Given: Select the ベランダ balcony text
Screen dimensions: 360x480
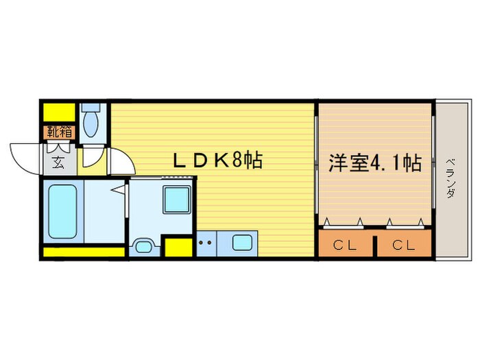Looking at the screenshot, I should [451, 177].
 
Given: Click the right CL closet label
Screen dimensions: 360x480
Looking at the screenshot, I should [403, 245].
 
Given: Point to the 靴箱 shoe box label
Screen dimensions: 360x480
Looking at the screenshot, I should [58, 131].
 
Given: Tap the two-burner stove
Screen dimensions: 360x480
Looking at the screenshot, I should [204, 243].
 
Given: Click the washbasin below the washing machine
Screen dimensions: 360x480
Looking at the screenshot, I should [143, 245].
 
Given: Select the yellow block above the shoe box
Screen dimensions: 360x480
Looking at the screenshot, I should [60, 111].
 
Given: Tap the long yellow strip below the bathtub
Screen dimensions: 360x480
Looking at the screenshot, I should [84, 252].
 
